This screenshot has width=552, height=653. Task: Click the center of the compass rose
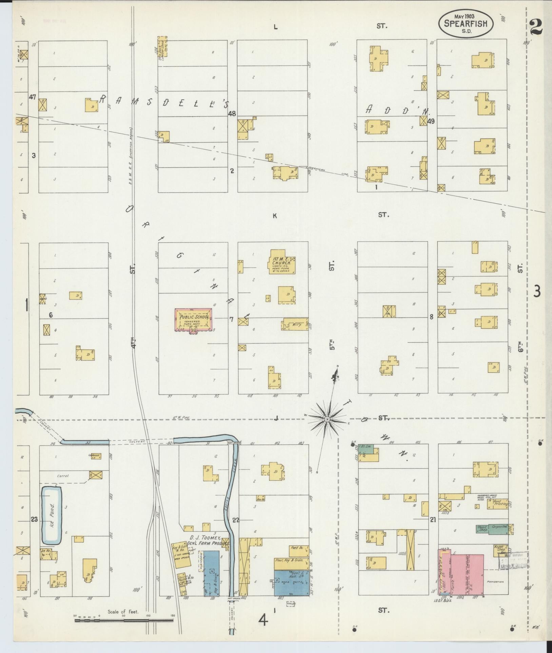coord(327,420)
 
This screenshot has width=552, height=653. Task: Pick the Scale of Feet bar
coord(124,620)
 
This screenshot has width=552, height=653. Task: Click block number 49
coord(431,121)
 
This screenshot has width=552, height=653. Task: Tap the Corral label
coord(63,476)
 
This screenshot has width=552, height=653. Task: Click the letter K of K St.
coord(275,215)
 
